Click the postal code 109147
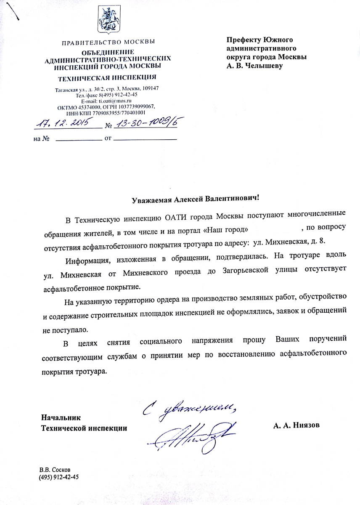(x=148, y=88)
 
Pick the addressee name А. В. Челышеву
(x=254, y=66)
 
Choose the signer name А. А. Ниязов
(x=296, y=425)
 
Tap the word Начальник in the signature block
(x=60, y=417)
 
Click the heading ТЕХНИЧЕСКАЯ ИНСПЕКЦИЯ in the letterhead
(x=108, y=78)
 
